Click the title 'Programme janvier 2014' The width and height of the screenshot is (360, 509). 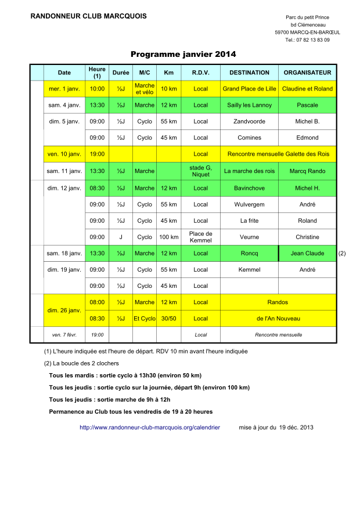pos(183,55)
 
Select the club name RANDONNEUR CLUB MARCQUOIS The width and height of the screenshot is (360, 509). pos(88,16)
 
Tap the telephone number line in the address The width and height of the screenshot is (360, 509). pos(307,40)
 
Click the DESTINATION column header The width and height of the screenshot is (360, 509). pos(249,73)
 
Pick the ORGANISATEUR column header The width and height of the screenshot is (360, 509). pos(307,73)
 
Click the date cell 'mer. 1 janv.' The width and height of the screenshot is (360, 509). pos(64,89)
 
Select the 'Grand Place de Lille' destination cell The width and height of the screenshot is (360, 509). pos(249,89)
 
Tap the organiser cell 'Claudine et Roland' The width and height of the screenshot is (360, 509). pos(307,89)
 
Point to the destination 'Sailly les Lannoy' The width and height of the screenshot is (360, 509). pos(249,105)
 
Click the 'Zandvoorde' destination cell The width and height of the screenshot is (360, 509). pos(249,121)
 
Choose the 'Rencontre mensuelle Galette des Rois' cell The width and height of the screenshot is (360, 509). pos(278,154)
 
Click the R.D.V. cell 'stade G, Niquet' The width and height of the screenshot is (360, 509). pos(200,171)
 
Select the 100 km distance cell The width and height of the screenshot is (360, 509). pos(168,237)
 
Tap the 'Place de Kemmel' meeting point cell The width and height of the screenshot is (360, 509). pos(200,237)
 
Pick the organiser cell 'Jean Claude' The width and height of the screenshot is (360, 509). pos(307,253)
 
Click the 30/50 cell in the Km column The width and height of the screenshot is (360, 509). pos(168,319)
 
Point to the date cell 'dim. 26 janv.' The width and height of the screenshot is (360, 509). pos(64,311)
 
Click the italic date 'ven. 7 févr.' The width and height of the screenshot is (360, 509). pos(64,335)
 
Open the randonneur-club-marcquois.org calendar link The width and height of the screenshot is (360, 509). pos(150,427)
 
